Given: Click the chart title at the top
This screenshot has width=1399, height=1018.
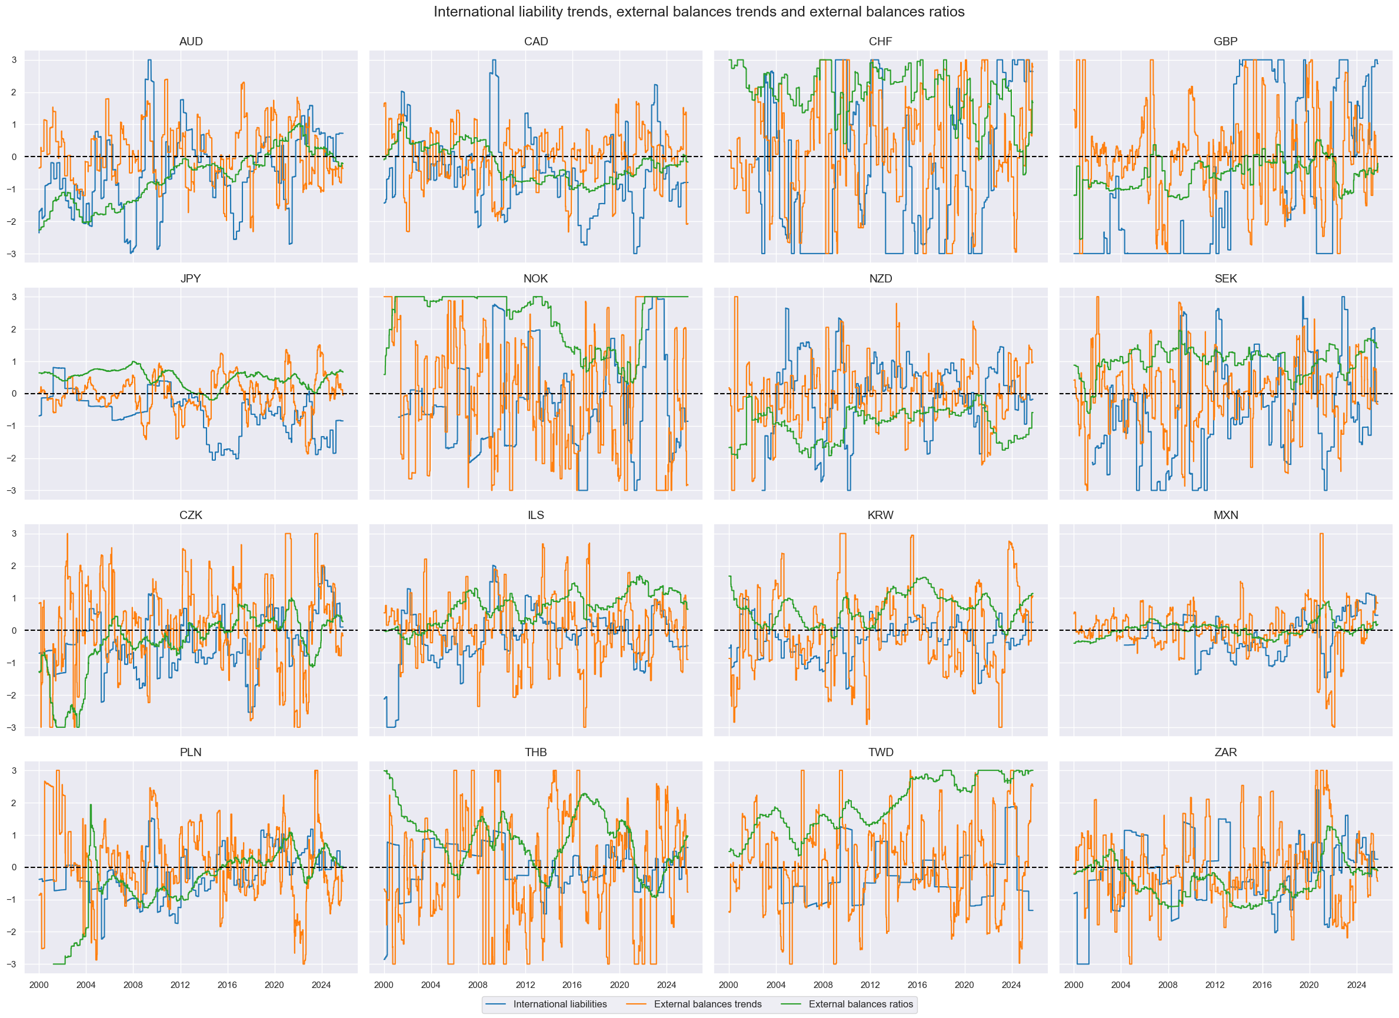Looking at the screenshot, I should point(699,12).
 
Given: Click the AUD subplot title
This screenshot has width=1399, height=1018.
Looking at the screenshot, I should point(191,41).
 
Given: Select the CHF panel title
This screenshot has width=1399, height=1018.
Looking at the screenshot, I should point(880,41).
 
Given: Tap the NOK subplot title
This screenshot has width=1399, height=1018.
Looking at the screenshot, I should point(535,278).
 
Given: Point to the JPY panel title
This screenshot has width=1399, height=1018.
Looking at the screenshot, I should point(191,278).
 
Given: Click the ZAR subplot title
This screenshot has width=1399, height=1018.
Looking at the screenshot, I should point(1225,752).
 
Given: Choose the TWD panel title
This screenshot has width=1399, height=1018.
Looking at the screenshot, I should point(880,752).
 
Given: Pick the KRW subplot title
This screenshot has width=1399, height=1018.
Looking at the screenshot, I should point(880,515).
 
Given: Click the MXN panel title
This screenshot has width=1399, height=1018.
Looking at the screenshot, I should point(1225,515).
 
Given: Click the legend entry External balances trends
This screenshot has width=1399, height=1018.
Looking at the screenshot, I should point(708,1004).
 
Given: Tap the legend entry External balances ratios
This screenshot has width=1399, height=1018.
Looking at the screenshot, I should point(861,1004).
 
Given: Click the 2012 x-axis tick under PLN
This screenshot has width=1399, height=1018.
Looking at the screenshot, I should point(180,984).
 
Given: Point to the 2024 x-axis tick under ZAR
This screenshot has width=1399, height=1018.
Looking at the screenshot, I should point(1357,984).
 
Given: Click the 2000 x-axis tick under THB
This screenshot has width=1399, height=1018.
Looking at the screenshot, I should point(384,984).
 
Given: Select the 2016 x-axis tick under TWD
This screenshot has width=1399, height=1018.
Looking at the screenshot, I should point(917,984).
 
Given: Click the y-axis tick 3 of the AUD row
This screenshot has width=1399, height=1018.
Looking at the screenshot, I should point(14,60).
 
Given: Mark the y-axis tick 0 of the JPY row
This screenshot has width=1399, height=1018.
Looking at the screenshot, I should point(14,394).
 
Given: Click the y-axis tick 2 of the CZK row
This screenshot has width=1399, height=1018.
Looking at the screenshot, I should point(14,565).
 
